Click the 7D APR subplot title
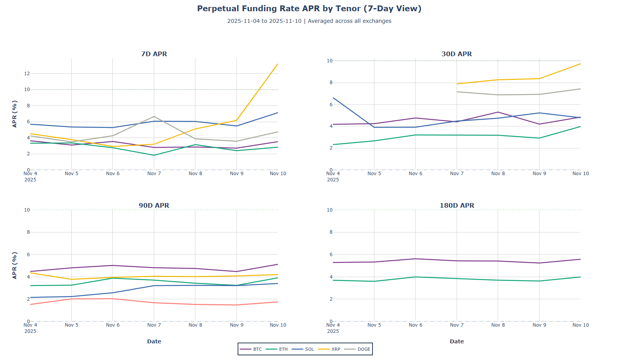(154, 54)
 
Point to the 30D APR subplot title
(457, 54)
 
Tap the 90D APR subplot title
(154, 205)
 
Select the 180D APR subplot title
(457, 205)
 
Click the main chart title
(309, 9)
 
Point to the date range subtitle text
(309, 21)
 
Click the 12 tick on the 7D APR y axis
(27, 73)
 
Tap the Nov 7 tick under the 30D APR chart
(457, 174)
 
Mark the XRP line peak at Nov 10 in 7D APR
(278, 64)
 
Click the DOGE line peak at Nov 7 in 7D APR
(154, 116)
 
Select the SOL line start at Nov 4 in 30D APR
(333, 98)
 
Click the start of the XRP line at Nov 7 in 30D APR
(457, 84)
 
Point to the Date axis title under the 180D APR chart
(457, 341)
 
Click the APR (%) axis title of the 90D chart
(15, 265)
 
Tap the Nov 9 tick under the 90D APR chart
(236, 325)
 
